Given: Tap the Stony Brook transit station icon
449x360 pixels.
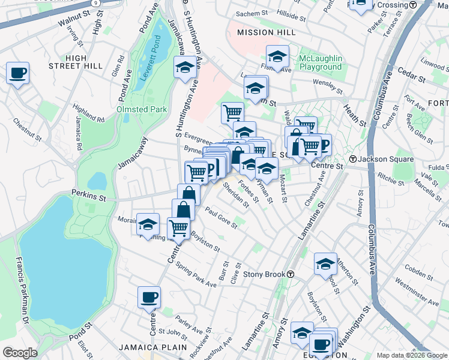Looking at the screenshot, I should point(291,275).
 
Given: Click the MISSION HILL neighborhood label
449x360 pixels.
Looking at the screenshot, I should point(259,32).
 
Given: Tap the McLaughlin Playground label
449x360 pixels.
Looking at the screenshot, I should point(321,62).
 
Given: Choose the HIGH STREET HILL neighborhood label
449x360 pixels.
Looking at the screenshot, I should point(84,62).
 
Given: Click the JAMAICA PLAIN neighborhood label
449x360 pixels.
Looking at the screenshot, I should point(146,347).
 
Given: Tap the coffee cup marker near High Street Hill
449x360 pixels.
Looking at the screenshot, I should point(17,73).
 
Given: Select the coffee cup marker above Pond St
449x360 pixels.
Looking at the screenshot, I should point(149,296).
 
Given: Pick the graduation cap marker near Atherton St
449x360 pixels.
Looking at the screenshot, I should point(325,263).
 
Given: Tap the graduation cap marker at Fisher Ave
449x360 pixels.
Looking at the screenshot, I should point(277,56).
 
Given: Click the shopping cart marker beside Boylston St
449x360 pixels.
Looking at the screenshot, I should point(178,228).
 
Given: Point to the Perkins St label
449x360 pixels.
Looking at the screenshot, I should point(88,195).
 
